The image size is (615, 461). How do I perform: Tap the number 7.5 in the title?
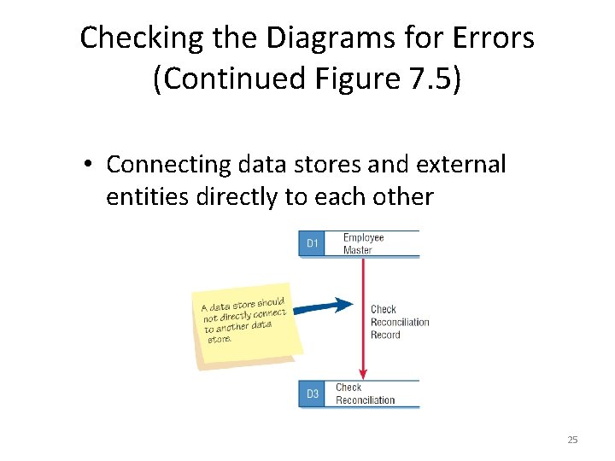429,79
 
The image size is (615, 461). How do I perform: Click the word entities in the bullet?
148,197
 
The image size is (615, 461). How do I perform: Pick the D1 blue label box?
312,243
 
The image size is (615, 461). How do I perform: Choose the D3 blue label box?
312,394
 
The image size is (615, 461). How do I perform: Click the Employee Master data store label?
363,243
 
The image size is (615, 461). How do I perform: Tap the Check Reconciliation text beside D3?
365,394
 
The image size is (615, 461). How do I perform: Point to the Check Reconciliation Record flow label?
399,322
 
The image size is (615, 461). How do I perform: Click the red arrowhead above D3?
363,372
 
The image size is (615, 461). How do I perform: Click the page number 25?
572,440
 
